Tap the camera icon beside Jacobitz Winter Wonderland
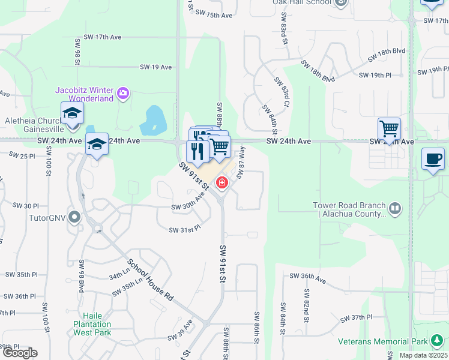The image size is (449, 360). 123,92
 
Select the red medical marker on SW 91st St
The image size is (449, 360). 222,182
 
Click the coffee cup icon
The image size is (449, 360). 433,159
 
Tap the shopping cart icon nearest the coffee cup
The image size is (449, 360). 389,128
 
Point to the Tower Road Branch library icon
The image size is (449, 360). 394,209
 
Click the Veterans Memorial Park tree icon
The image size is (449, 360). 436,342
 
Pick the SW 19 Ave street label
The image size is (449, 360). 156,67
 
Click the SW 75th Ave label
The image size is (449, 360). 214,15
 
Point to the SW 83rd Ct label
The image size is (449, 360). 282,92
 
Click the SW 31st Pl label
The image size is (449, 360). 184,230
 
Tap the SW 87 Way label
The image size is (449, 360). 241,162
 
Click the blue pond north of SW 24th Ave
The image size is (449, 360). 152,121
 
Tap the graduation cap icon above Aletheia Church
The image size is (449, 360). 72,113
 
